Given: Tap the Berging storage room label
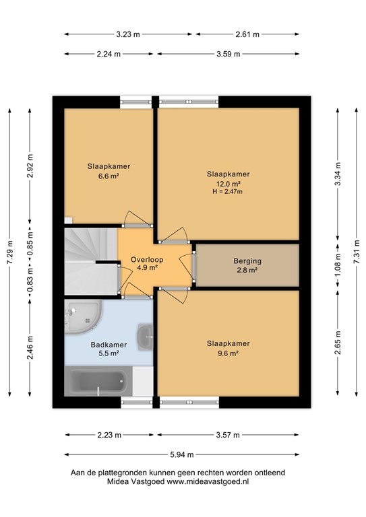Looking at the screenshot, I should (247, 261).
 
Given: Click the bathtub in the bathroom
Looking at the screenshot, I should (98, 383).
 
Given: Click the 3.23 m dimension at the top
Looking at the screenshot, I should (128, 34).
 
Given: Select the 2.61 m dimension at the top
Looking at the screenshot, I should (248, 34).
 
